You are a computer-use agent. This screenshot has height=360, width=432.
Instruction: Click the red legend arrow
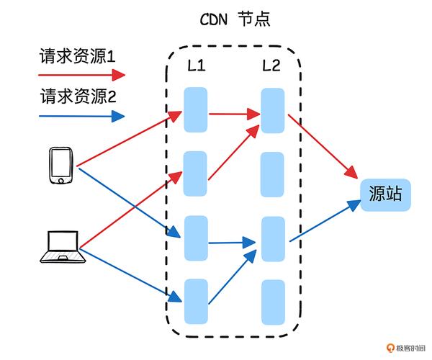[x=81, y=74]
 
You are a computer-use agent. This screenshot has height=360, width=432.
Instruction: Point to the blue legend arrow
[x=81, y=115]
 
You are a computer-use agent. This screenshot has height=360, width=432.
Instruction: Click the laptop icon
[x=60, y=247]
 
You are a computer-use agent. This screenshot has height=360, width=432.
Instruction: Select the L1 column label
[x=196, y=66]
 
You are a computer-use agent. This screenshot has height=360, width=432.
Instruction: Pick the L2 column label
[x=271, y=66]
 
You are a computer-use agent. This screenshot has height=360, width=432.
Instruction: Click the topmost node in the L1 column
[x=196, y=109]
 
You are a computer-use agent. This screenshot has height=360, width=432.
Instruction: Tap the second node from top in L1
[x=196, y=174]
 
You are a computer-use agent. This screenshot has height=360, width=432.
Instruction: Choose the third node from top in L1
[x=196, y=238]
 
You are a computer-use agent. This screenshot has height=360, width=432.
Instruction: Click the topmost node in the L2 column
[x=271, y=110]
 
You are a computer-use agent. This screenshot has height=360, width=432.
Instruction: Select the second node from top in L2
[x=271, y=174]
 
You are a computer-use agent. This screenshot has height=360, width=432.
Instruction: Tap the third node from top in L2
[x=271, y=238]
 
